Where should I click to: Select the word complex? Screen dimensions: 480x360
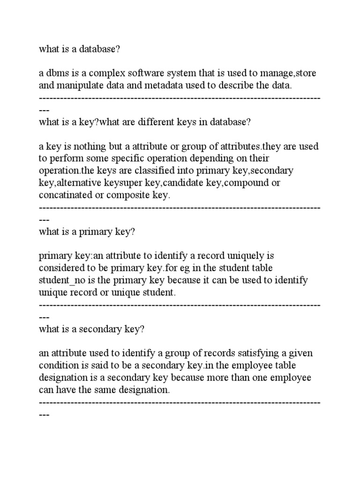click(x=101, y=74)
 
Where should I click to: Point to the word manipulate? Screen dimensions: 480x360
click(x=80, y=86)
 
